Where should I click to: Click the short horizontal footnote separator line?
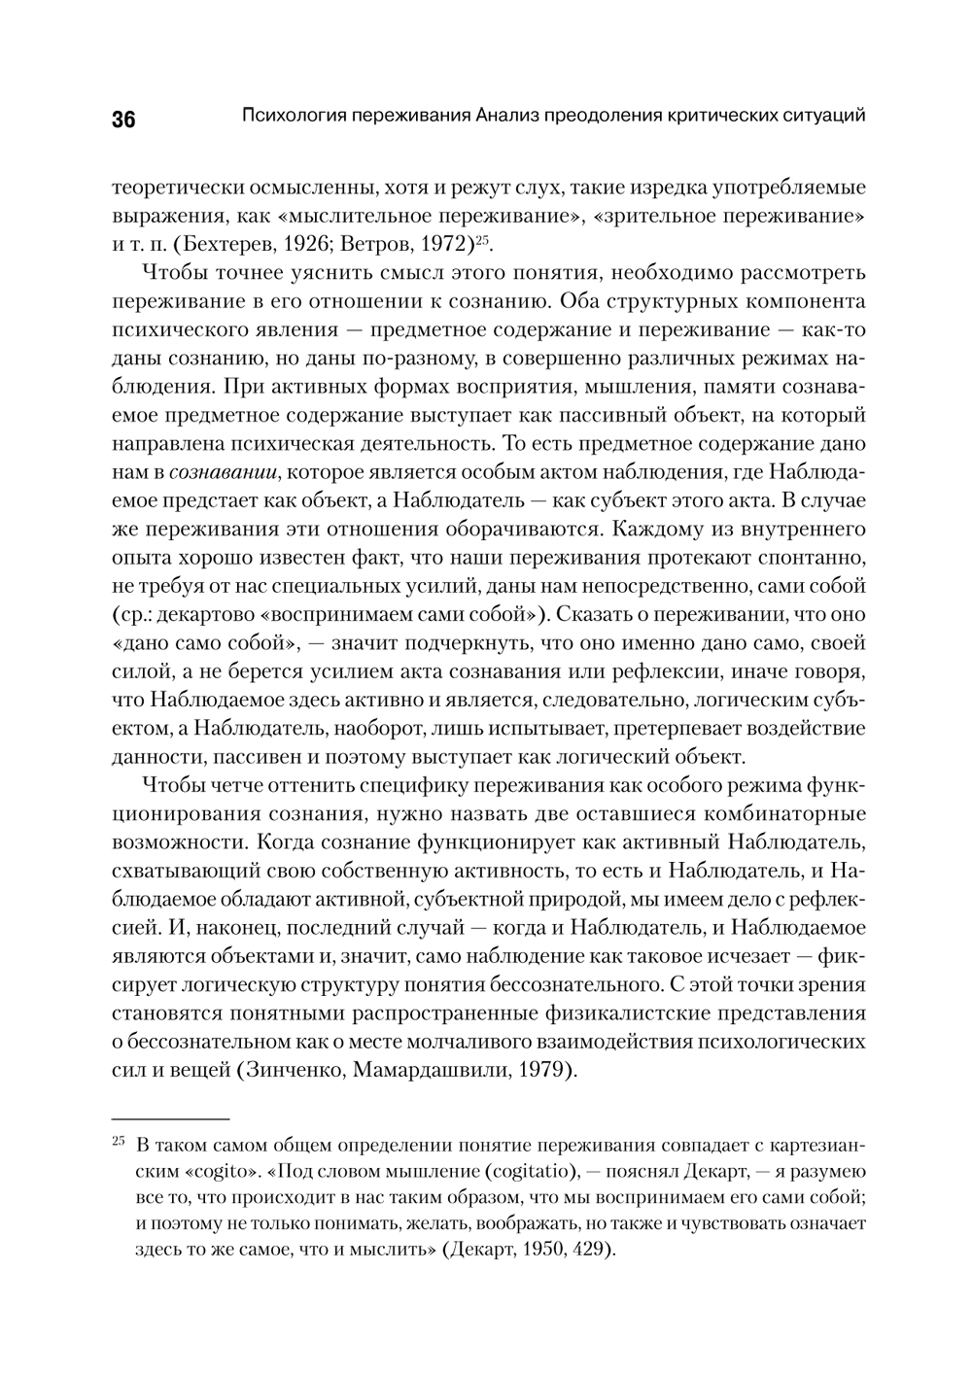pos(170,1118)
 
